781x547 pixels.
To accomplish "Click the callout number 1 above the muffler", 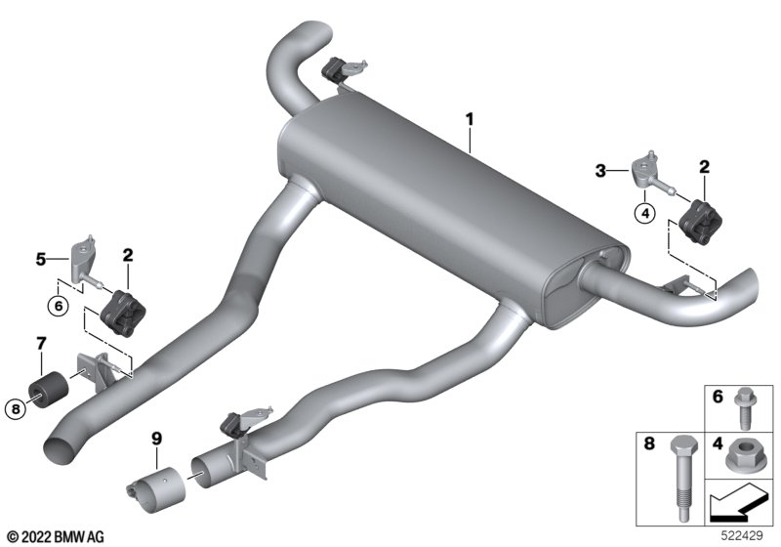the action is click(x=470, y=119).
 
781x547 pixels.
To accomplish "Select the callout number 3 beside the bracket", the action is click(x=600, y=171).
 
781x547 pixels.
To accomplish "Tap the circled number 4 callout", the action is click(x=645, y=214).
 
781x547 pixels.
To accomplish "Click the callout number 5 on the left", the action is click(x=41, y=259).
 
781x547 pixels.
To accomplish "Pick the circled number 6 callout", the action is click(x=59, y=306).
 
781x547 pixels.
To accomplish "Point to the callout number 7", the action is click(x=41, y=343).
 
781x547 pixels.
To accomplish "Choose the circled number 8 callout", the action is click(x=16, y=409).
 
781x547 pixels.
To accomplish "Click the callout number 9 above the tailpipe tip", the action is click(x=157, y=439).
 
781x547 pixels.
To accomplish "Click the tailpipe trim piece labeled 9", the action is click(x=156, y=489).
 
